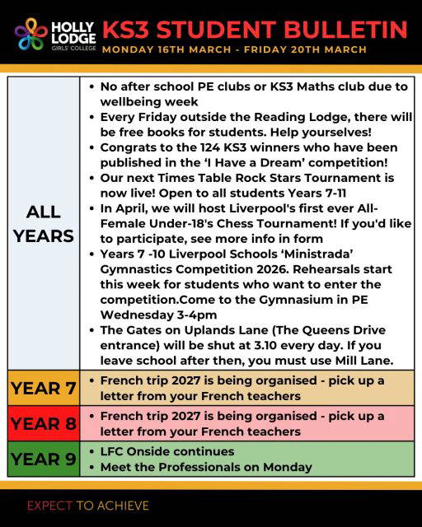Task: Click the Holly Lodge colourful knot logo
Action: (x=31, y=35)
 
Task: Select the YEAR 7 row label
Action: (x=43, y=388)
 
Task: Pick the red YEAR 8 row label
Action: (x=43, y=423)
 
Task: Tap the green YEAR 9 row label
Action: (x=43, y=459)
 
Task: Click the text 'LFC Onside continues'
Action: (x=167, y=451)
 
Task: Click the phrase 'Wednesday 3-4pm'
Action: (x=152, y=315)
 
